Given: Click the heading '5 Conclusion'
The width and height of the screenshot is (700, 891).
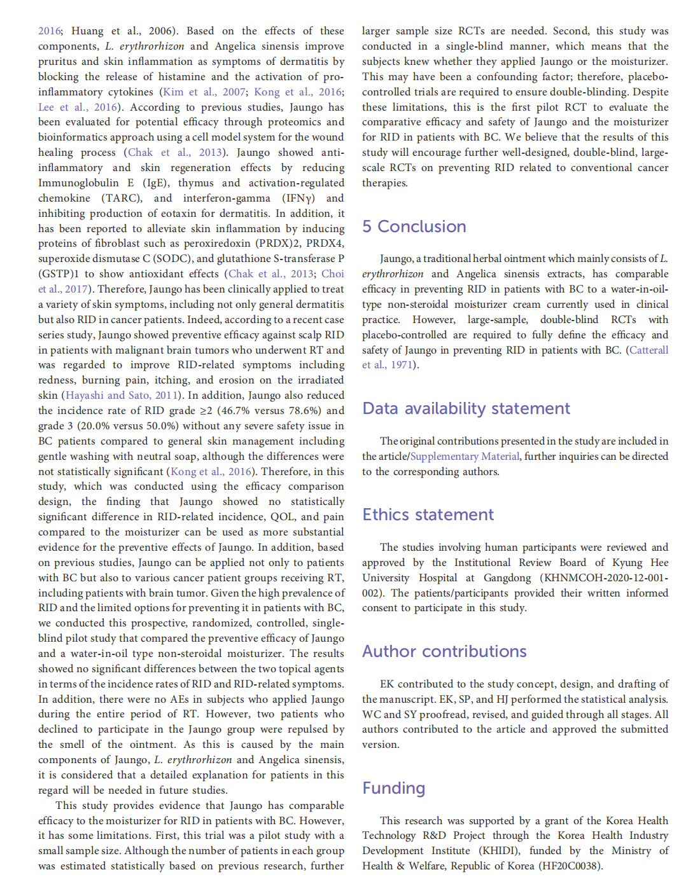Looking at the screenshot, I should (414, 226).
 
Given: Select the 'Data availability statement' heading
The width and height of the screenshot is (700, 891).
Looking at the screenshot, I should (466, 408).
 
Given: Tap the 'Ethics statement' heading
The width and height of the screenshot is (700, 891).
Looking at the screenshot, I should (428, 515).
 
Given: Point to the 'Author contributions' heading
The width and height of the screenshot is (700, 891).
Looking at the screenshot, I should (444, 651).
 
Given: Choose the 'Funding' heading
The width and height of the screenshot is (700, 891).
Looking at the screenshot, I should (393, 788).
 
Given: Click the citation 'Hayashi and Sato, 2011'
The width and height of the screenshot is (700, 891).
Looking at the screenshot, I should (122, 396).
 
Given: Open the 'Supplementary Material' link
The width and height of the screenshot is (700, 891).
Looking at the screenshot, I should (465, 457).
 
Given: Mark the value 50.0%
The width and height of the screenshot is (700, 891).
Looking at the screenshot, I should (290, 426).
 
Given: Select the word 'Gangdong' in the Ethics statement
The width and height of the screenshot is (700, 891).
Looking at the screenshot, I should (507, 577).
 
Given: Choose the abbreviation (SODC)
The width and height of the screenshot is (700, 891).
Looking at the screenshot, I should (172, 259).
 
